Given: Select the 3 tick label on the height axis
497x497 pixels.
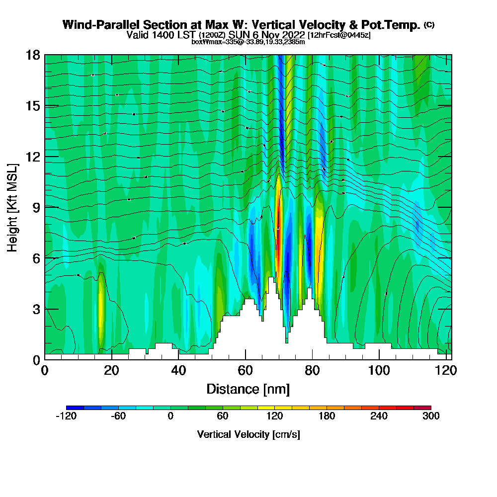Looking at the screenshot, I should pos(35,309).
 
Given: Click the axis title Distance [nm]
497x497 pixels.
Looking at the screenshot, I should pos(248,389).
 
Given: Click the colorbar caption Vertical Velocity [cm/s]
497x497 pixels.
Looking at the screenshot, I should pos(248,434).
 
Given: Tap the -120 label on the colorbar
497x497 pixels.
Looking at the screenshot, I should pos(66,416).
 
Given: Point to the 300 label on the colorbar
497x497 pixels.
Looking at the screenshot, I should pos(430,416).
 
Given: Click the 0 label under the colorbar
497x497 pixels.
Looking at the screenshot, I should pos(170,416).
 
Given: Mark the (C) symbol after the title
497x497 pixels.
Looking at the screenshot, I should pos(429,24).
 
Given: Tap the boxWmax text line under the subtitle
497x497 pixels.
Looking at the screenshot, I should pos(248,42).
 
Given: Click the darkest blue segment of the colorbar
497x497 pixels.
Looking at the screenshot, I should pos(75,408).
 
